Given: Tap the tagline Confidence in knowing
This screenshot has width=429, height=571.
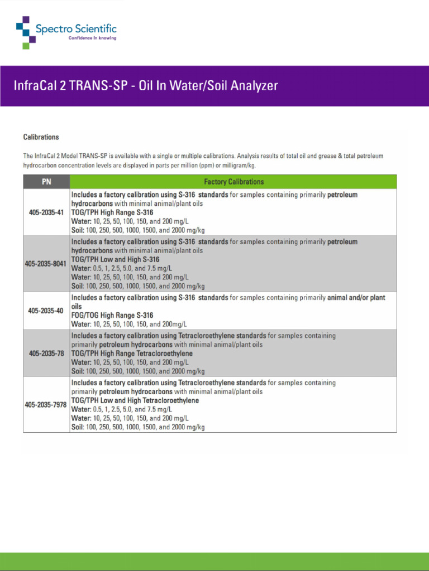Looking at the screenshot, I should point(92,38).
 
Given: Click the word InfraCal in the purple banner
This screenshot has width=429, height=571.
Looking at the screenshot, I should point(36,85).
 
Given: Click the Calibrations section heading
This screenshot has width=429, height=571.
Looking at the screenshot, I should point(41,137).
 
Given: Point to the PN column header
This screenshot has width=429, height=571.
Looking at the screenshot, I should point(46,182).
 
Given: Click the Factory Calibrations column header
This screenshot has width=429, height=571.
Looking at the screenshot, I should point(233,182).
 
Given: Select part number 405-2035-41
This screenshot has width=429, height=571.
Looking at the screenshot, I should point(46,212).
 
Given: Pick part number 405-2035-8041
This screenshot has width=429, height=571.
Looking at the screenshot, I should point(46,263).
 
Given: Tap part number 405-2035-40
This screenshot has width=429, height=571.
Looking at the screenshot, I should point(46,311).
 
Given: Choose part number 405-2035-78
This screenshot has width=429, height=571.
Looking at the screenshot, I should point(46,354).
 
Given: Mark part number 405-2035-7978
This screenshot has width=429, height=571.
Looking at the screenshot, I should point(46,405).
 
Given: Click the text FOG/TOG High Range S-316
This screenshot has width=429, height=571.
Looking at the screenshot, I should point(112,315).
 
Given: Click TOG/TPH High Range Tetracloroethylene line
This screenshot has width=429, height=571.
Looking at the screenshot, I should point(132,354).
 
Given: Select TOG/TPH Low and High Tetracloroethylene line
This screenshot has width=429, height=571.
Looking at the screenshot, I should point(135,400).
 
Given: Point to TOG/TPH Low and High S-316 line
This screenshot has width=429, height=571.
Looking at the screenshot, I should point(115,259).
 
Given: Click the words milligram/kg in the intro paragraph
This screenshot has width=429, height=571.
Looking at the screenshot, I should point(236,166).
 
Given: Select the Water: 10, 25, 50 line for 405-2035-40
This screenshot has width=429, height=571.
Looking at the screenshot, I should point(129,324).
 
